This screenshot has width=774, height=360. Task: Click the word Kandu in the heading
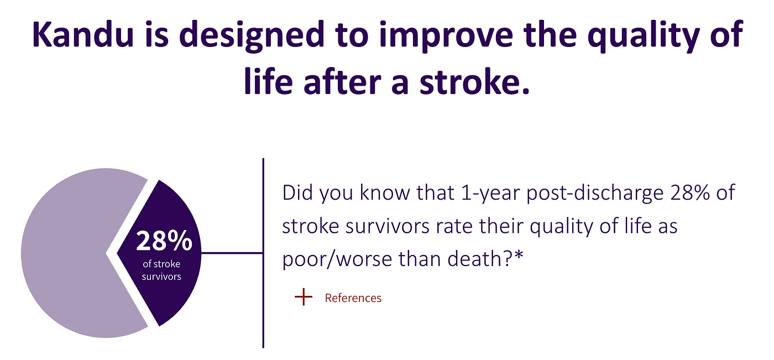click(83, 34)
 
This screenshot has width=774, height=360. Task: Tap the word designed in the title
click(252, 36)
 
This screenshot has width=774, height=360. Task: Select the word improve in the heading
click(446, 36)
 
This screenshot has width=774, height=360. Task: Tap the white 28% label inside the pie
click(164, 241)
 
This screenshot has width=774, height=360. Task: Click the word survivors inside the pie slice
click(161, 276)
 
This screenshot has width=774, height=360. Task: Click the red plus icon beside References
click(304, 297)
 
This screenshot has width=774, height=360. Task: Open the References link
click(353, 298)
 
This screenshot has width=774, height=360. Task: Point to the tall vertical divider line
click(263, 253)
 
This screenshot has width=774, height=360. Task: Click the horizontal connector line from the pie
click(232, 253)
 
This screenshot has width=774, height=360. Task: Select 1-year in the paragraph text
click(490, 193)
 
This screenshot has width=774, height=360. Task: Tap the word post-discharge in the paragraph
click(595, 194)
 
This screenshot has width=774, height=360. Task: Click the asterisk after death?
click(519, 256)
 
